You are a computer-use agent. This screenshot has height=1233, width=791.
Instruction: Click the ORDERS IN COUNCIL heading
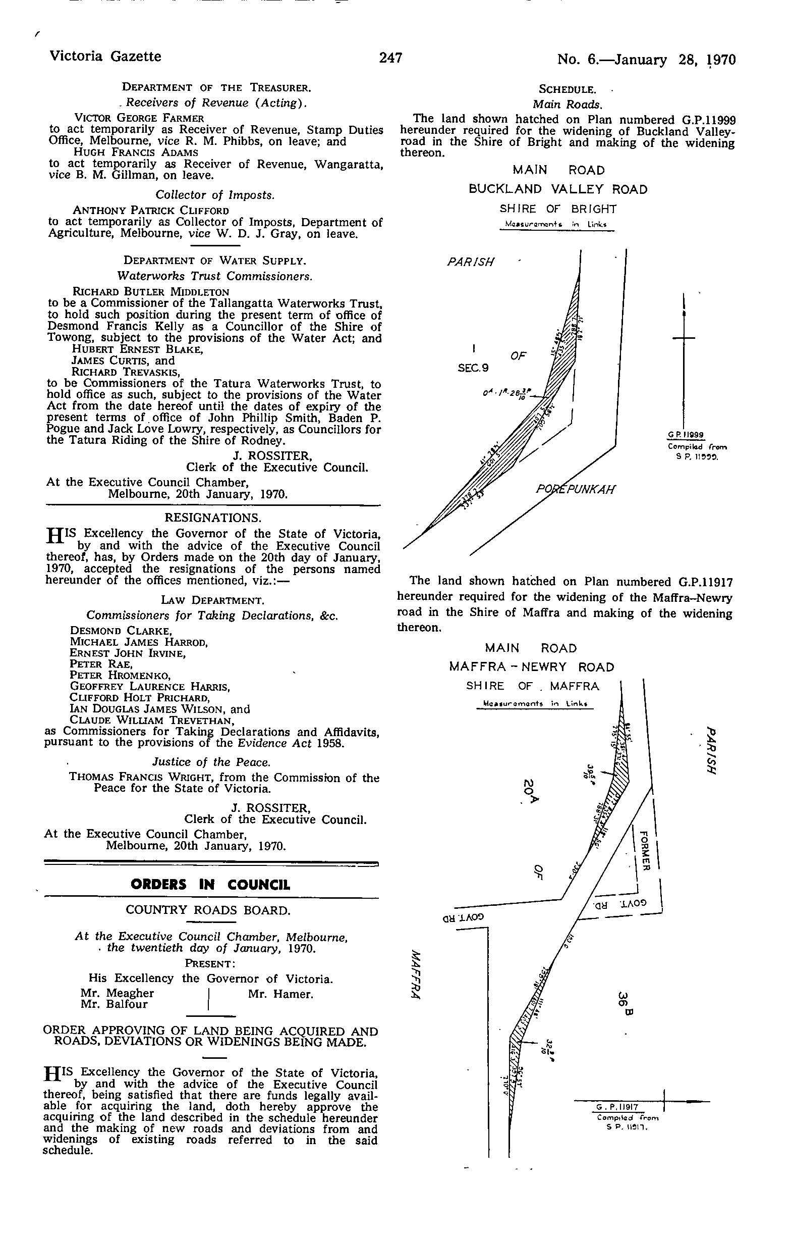coord(210,885)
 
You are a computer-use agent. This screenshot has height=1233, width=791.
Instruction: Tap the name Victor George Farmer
coord(139,118)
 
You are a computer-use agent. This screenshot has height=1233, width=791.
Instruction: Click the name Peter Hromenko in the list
coord(120,675)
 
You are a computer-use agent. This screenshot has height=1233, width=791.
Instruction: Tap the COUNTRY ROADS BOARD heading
coord(208,910)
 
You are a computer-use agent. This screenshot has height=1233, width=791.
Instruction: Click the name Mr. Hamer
coord(280,994)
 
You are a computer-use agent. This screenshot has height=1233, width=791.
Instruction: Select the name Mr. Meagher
coord(117,993)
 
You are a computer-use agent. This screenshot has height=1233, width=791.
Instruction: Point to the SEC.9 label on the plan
coord(473,368)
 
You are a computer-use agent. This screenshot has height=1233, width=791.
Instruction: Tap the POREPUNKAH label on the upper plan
coord(575,489)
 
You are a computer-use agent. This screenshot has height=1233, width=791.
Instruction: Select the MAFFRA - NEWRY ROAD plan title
coord(532,667)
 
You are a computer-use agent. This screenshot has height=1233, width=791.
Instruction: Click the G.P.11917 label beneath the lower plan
coord(617,1107)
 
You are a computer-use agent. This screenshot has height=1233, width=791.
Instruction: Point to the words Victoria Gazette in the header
coord(105,56)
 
